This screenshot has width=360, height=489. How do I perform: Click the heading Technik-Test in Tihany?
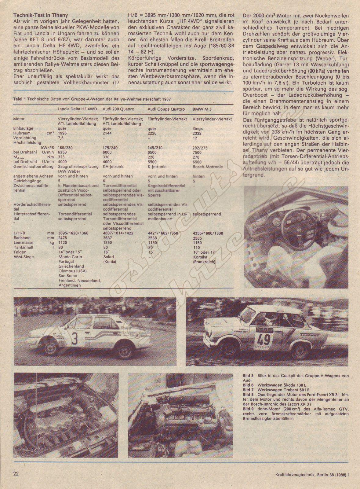(41, 15)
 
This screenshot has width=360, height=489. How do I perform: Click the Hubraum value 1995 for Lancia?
(62, 133)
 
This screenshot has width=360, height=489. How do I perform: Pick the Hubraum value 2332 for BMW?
(198, 133)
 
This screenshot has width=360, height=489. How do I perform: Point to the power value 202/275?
(200, 148)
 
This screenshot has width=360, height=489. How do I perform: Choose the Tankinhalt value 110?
(196, 247)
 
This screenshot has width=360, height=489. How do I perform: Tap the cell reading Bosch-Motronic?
(208, 167)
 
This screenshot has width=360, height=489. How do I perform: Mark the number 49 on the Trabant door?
(264, 339)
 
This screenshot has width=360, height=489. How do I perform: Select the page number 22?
(16, 474)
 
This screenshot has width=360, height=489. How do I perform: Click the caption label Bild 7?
(248, 390)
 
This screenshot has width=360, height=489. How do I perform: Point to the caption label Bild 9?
(248, 409)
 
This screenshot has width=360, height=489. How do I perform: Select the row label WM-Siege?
(24, 257)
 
